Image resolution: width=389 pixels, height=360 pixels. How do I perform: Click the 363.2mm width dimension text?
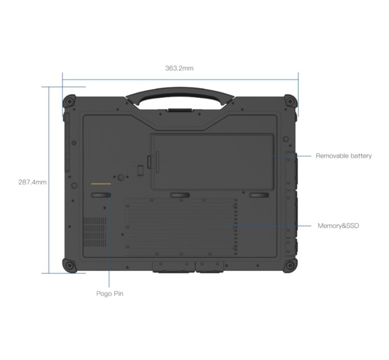(x=179, y=68)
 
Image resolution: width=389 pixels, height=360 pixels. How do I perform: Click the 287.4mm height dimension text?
(x=32, y=182)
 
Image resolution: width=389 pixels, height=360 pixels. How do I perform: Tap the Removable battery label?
(x=343, y=155)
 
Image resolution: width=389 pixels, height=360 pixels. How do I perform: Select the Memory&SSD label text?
(x=338, y=226)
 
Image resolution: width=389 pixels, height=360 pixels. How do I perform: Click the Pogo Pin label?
(x=109, y=294)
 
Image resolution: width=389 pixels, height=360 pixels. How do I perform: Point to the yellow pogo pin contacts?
(x=101, y=184)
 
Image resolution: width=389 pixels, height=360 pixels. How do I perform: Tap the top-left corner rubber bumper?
(x=69, y=102)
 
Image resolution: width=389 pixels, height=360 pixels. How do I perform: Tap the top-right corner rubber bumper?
(x=291, y=102)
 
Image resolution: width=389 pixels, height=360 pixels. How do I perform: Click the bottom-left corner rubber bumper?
(x=69, y=266)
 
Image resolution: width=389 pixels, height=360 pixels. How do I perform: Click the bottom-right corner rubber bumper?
(x=291, y=266)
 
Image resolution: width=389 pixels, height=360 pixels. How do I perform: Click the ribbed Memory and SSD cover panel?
(x=180, y=226)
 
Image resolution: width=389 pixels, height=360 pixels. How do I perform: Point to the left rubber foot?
(x=101, y=196)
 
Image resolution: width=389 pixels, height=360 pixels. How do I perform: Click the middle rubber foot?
(x=180, y=196)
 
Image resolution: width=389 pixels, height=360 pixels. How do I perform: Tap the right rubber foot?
(x=259, y=196)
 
